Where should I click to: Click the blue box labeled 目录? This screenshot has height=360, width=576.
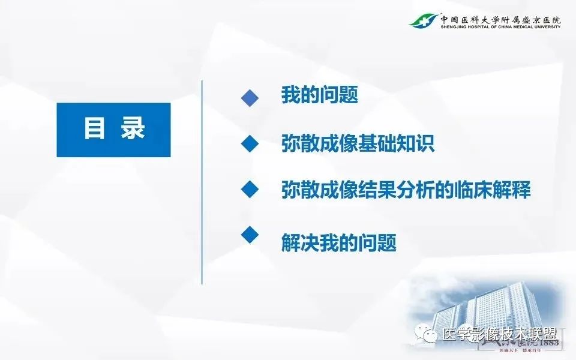click(113, 130)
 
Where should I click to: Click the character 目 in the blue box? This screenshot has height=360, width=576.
click(94, 130)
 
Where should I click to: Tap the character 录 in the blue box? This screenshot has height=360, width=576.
click(133, 130)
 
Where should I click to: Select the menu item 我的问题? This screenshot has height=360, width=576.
click(319, 95)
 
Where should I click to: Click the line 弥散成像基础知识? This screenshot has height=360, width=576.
click(358, 145)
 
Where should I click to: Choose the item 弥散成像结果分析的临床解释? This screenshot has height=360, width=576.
click(406, 190)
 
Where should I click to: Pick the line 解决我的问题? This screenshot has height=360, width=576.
click(338, 243)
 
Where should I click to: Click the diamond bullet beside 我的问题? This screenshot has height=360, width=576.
click(250, 98)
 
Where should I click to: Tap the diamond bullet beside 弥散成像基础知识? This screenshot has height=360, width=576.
click(250, 143)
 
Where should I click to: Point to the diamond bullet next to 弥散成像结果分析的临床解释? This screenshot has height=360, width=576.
click(250, 190)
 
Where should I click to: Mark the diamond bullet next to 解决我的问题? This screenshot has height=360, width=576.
click(250, 234)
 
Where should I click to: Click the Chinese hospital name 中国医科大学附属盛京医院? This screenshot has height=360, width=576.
click(501, 17)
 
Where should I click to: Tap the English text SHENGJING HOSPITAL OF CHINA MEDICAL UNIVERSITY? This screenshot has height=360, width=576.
click(501, 26)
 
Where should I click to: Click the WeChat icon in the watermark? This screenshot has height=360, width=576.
click(429, 335)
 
